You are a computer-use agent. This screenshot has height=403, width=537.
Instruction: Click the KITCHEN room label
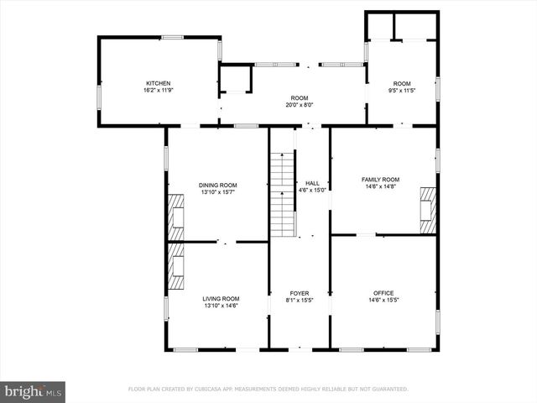159,83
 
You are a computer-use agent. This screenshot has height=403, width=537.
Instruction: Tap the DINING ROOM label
217,186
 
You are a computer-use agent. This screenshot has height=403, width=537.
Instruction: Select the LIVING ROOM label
221,298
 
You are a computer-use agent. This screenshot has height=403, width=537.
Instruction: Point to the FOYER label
299,293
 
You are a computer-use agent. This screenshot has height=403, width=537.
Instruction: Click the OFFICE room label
383,293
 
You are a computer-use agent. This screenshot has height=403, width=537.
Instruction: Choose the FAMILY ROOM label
380,180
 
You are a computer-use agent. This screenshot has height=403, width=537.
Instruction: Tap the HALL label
312,183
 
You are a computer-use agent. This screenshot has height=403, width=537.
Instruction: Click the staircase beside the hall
282,195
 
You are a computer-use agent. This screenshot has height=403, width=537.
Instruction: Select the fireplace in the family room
428,210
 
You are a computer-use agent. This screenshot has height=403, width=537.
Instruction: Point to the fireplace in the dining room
175,218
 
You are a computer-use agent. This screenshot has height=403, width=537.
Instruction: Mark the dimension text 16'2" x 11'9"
159,91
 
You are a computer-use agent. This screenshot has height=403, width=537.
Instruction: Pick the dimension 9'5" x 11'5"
402,91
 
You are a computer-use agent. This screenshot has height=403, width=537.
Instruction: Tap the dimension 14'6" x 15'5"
383,301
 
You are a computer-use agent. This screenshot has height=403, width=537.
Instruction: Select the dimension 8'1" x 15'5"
299,301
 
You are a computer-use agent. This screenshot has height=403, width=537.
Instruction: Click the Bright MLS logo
34,390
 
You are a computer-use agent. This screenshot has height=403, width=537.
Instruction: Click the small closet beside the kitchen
235,79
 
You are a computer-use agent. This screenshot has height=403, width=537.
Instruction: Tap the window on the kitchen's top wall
173,36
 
